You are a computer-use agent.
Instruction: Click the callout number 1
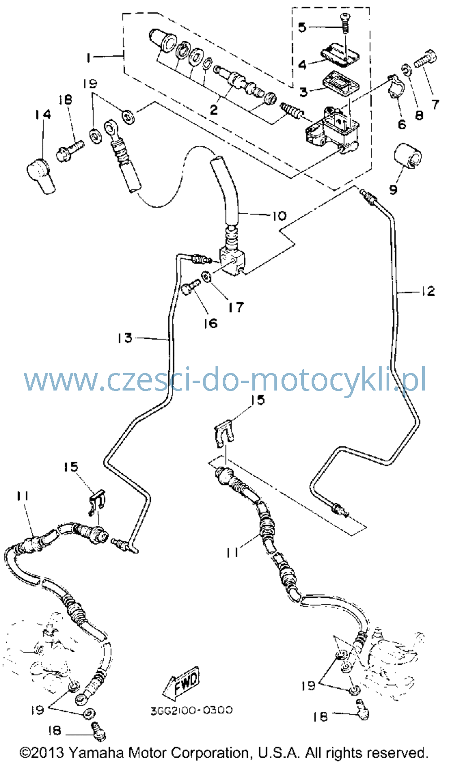click(x=89, y=57)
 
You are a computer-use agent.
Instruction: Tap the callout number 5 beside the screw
click(x=302, y=27)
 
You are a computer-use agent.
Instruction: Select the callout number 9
click(x=393, y=189)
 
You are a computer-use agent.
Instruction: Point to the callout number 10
click(x=279, y=215)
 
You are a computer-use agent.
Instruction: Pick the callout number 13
click(x=125, y=338)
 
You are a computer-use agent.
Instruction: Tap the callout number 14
click(x=43, y=114)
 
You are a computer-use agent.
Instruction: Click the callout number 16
click(x=211, y=323)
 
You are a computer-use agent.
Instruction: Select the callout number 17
click(x=237, y=307)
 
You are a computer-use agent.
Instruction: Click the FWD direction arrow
click(x=181, y=682)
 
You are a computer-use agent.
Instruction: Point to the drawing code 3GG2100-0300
click(x=191, y=710)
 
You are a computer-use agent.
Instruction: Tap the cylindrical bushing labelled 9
click(x=407, y=155)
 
